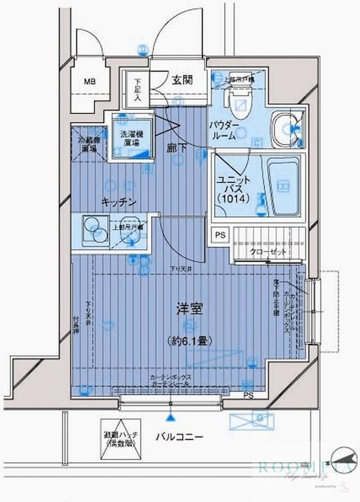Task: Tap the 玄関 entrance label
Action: pos(183,80)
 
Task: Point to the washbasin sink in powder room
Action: pos(286,129)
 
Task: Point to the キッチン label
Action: pos(120,201)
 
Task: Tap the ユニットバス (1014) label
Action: pos(235,189)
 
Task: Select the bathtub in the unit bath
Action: pos(284,187)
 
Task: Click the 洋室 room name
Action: pos(188,309)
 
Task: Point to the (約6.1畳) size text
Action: pos(188,341)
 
